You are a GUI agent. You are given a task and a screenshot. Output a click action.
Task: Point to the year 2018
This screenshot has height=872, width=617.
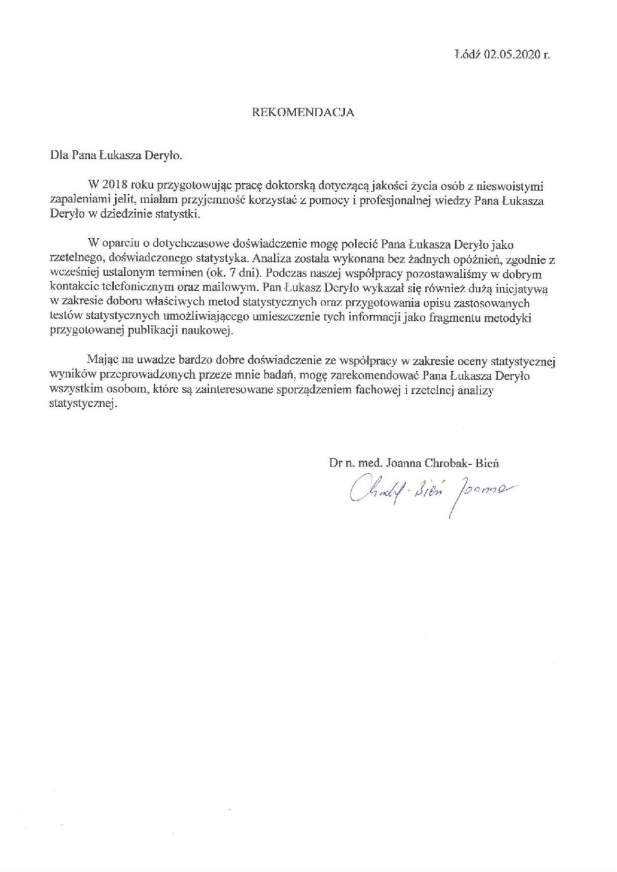[114, 186]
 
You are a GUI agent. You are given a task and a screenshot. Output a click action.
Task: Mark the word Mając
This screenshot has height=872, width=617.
[103, 362]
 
